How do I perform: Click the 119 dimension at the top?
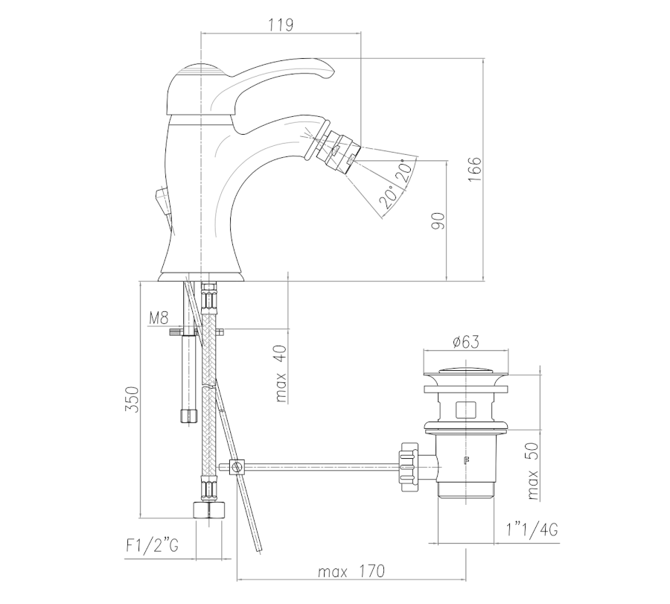281,25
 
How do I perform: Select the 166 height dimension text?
474,169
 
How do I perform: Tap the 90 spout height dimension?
438,221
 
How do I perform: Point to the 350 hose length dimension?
133,400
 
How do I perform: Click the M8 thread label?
159,318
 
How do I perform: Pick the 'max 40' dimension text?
281,374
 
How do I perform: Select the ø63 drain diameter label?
466,342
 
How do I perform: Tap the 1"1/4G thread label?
532,530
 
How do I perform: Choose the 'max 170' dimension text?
351,571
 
